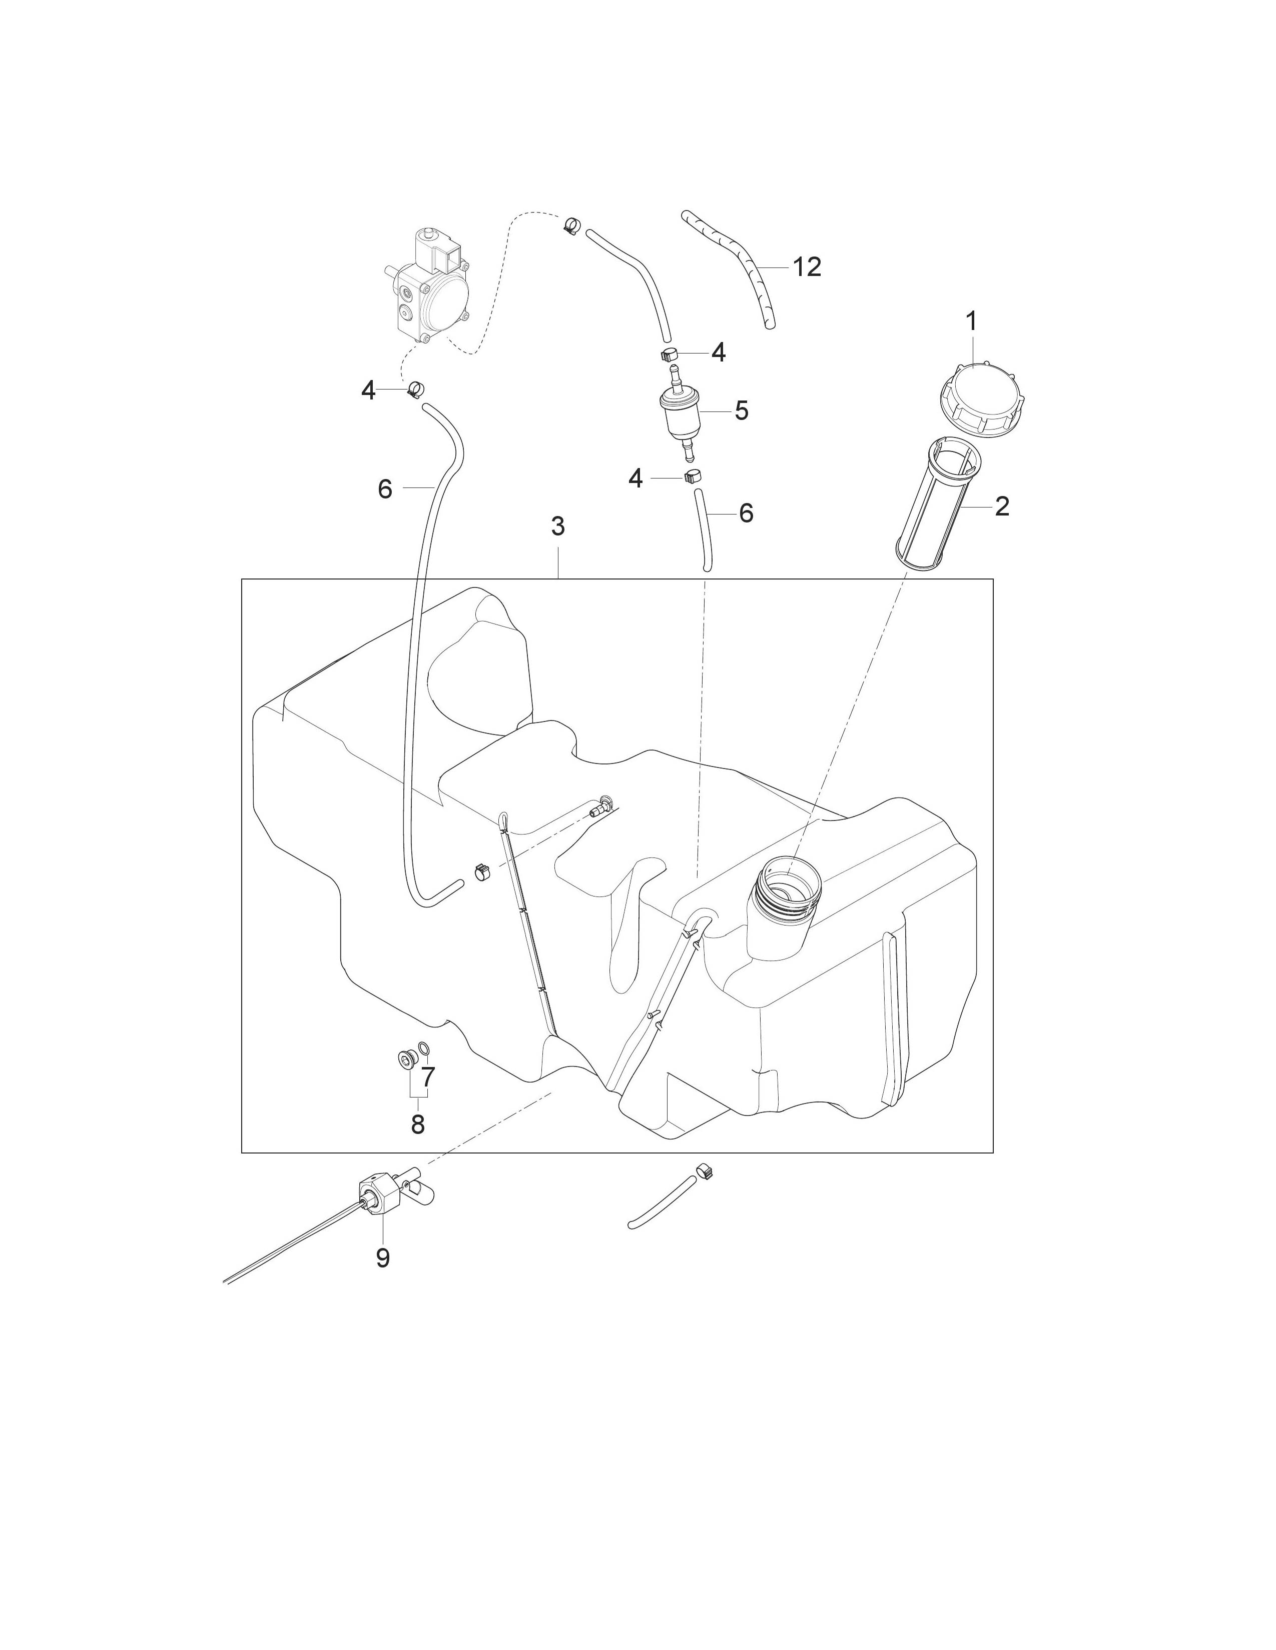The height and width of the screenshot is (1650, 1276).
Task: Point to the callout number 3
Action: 558,526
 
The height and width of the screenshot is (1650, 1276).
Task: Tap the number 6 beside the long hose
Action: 385,490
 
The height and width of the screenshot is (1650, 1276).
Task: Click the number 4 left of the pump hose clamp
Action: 368,390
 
